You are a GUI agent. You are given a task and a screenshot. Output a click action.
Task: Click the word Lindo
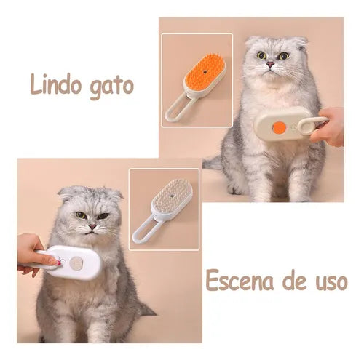pyautogui.click(x=56, y=84)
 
